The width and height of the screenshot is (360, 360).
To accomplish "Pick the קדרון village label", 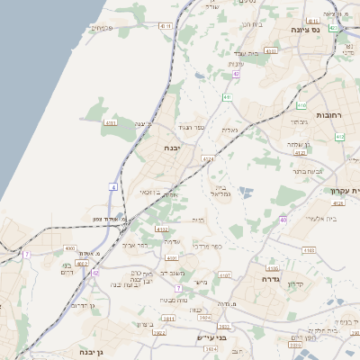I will point(320,285).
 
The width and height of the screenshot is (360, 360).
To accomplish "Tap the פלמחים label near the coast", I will point(103,28).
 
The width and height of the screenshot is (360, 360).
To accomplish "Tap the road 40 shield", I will point(283,219).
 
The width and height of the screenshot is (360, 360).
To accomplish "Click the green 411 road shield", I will point(229,96).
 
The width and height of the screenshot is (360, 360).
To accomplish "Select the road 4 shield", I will point(114,186).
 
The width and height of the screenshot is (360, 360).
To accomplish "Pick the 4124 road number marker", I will point(209,158).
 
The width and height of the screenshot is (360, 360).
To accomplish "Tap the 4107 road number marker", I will point(225,274).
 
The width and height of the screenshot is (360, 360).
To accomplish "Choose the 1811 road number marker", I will point(167,319).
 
